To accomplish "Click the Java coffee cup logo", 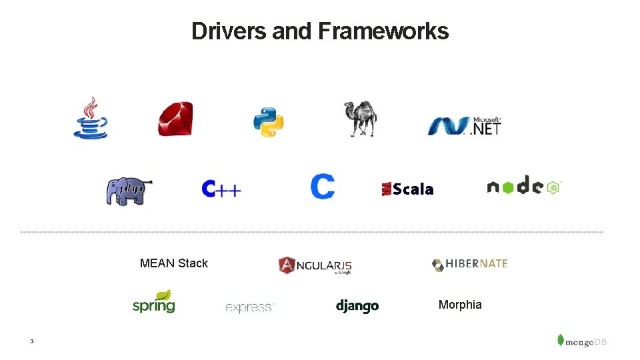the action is click(90, 118).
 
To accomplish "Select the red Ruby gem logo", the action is click(175, 119).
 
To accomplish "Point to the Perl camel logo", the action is click(360, 119).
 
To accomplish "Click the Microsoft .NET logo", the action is click(465, 125).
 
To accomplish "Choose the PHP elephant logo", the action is click(129, 191).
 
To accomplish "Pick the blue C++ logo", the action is click(221, 189).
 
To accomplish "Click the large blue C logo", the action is click(322, 187).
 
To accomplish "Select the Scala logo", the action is click(407, 189).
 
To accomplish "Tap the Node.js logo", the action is click(525, 186).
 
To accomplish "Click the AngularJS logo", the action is click(315, 265).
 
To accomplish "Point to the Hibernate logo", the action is click(469, 264).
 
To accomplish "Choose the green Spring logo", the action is click(153, 302).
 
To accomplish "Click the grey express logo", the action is click(250, 307).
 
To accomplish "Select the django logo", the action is click(357, 306).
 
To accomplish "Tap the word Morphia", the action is click(460, 305).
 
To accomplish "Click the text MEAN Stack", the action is click(174, 263).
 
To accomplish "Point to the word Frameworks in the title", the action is click(383, 31).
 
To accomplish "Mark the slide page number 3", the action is click(31, 342).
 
